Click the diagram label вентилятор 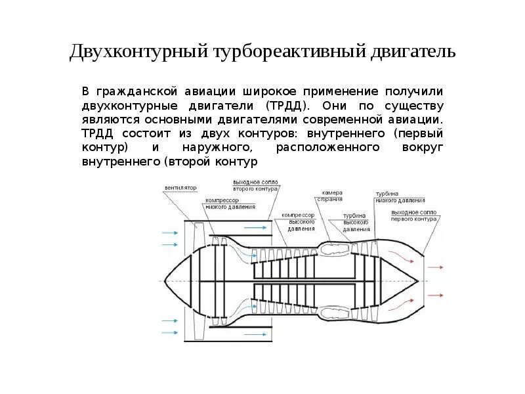[x=180, y=187]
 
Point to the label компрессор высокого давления [x=299, y=221]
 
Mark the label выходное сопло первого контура [x=413, y=216]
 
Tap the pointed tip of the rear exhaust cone [x=419, y=280]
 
